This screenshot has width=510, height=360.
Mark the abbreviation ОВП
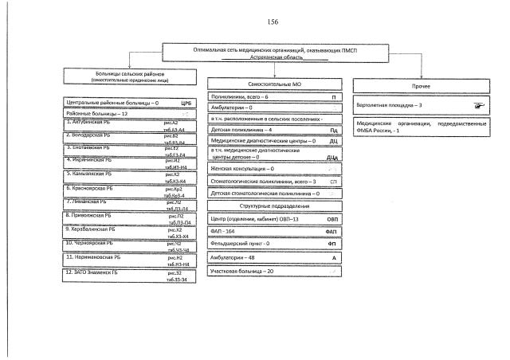tap(331, 218)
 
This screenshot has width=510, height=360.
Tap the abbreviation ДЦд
tap(332, 158)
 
